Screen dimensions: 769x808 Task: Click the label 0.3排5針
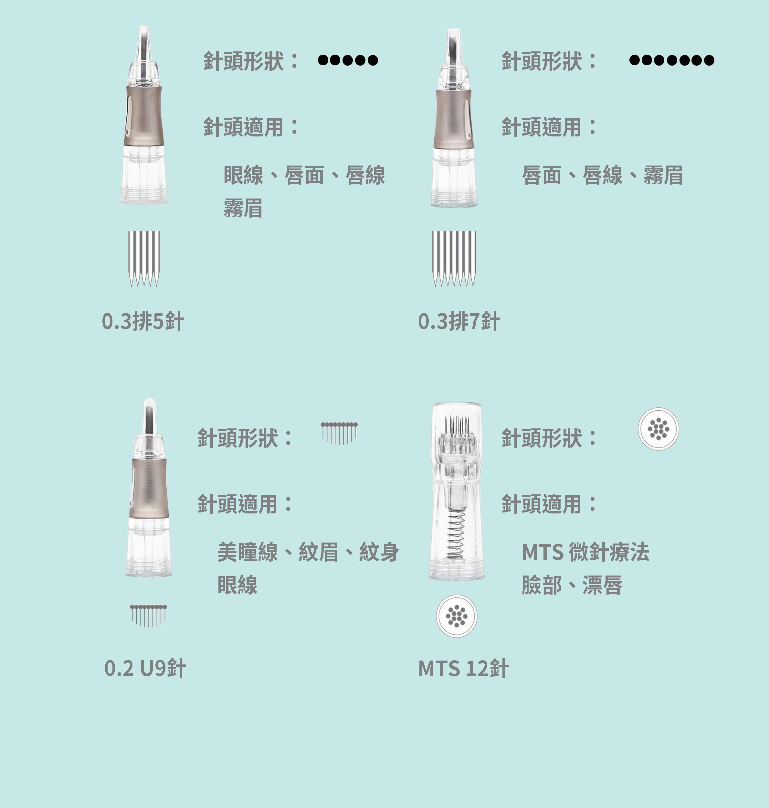(142, 321)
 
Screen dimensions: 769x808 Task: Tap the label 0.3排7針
(459, 321)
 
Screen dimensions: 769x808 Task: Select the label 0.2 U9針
(145, 668)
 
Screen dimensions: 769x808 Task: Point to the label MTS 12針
(463, 668)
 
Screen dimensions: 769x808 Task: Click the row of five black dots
(348, 60)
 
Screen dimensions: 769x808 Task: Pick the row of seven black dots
(671, 60)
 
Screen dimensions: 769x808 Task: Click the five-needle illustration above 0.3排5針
(144, 258)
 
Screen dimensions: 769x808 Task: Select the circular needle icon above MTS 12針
(457, 616)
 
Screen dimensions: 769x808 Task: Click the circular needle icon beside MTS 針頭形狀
(658, 429)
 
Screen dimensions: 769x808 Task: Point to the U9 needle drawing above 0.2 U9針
(148, 615)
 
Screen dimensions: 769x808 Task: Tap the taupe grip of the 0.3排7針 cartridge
(453, 119)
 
